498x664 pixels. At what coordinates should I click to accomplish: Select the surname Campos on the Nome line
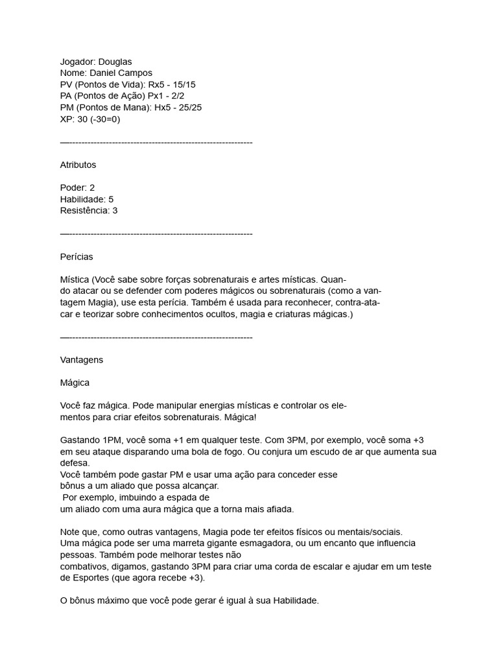tap(135, 73)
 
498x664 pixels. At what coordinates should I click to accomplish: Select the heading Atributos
tap(78, 165)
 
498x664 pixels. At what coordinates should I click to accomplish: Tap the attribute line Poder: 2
tap(77, 187)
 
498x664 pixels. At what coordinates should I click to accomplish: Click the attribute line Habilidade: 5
tap(86, 199)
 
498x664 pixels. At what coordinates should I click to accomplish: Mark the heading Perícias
tap(77, 257)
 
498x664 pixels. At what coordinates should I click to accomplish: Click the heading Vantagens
tap(81, 359)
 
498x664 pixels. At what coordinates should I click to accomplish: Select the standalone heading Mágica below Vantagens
tap(75, 383)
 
